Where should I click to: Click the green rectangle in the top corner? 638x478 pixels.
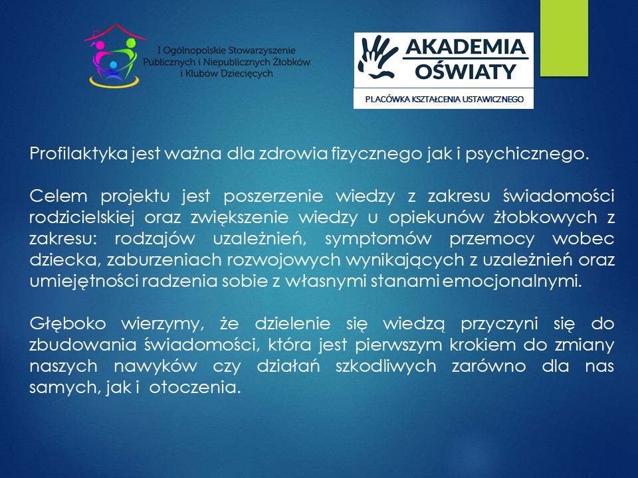tap(564, 38)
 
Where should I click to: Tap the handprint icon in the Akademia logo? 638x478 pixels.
tap(377, 57)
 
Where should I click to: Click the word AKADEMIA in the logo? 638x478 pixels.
tap(466, 47)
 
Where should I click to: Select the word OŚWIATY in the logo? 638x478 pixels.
tap(466, 72)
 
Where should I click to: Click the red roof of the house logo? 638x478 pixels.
tap(115, 32)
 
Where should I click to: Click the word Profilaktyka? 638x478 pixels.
tap(78, 153)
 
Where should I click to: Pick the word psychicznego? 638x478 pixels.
tap(527, 154)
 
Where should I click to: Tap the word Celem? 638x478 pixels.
tap(58, 197)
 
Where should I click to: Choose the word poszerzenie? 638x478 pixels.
tap(273, 197)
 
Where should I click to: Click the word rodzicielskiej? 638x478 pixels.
tap(82, 218)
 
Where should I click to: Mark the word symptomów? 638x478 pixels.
tap(378, 239)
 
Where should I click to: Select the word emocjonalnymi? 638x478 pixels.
tap(512, 281)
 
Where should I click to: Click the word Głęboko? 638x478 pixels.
tap(68, 324)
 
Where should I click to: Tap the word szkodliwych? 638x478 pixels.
tap(385, 366)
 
